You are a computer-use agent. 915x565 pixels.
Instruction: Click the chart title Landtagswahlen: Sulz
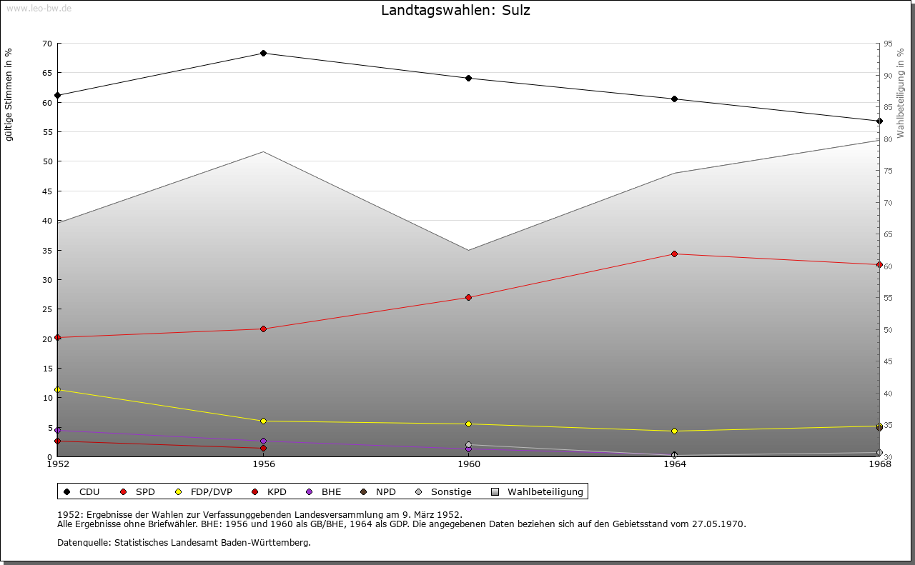(x=455, y=11)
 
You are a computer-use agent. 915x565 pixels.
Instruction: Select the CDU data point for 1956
(x=263, y=53)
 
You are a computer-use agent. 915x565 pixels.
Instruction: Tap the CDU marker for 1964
(x=674, y=99)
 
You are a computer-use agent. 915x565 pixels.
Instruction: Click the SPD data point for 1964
(x=674, y=254)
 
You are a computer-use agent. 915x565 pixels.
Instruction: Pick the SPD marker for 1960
(x=468, y=297)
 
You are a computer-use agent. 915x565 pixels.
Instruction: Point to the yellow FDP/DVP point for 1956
(x=263, y=421)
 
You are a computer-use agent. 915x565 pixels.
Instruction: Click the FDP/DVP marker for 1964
(x=674, y=431)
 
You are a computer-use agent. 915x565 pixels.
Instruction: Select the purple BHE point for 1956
(x=263, y=441)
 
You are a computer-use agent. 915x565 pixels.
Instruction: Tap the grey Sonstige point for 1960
(x=468, y=444)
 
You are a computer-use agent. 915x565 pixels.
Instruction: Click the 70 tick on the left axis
(x=47, y=44)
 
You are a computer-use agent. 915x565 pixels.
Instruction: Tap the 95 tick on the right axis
(x=888, y=44)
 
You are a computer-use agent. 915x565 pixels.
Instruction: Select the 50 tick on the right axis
(x=888, y=330)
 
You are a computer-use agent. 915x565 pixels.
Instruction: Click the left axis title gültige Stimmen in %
(x=9, y=94)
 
